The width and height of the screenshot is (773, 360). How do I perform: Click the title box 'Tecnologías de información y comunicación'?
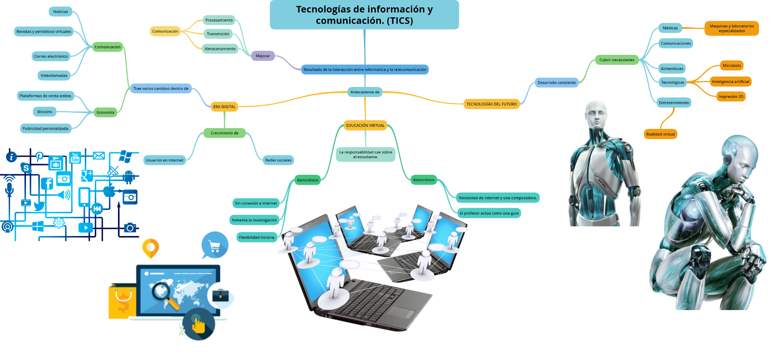[x=364, y=15]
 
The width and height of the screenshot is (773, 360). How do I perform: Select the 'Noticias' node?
[x=61, y=12]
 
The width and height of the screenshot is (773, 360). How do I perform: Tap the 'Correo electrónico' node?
[x=51, y=56]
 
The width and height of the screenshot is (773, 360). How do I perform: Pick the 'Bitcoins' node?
[x=45, y=112]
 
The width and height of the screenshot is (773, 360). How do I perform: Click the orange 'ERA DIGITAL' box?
[x=224, y=107]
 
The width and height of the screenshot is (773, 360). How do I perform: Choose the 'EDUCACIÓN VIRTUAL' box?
[x=365, y=126]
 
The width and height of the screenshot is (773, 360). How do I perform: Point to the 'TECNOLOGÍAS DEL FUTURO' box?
[x=491, y=104]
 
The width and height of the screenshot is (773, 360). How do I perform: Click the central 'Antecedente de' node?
[x=365, y=92]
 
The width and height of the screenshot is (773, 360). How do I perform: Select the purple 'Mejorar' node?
[x=263, y=56]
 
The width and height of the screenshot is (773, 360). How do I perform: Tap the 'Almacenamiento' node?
[x=220, y=49]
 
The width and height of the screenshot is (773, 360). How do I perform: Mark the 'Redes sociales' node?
[x=278, y=160]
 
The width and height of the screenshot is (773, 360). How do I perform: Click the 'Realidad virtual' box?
[x=660, y=134]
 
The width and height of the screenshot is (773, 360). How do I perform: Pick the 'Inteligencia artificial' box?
[x=730, y=82]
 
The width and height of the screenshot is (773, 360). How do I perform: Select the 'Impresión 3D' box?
[x=731, y=97]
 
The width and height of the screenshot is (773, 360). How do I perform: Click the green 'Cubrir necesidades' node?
[x=617, y=60]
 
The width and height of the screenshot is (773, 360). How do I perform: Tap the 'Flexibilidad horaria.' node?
[x=257, y=238]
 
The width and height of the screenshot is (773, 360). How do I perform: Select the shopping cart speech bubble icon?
[x=215, y=245]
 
